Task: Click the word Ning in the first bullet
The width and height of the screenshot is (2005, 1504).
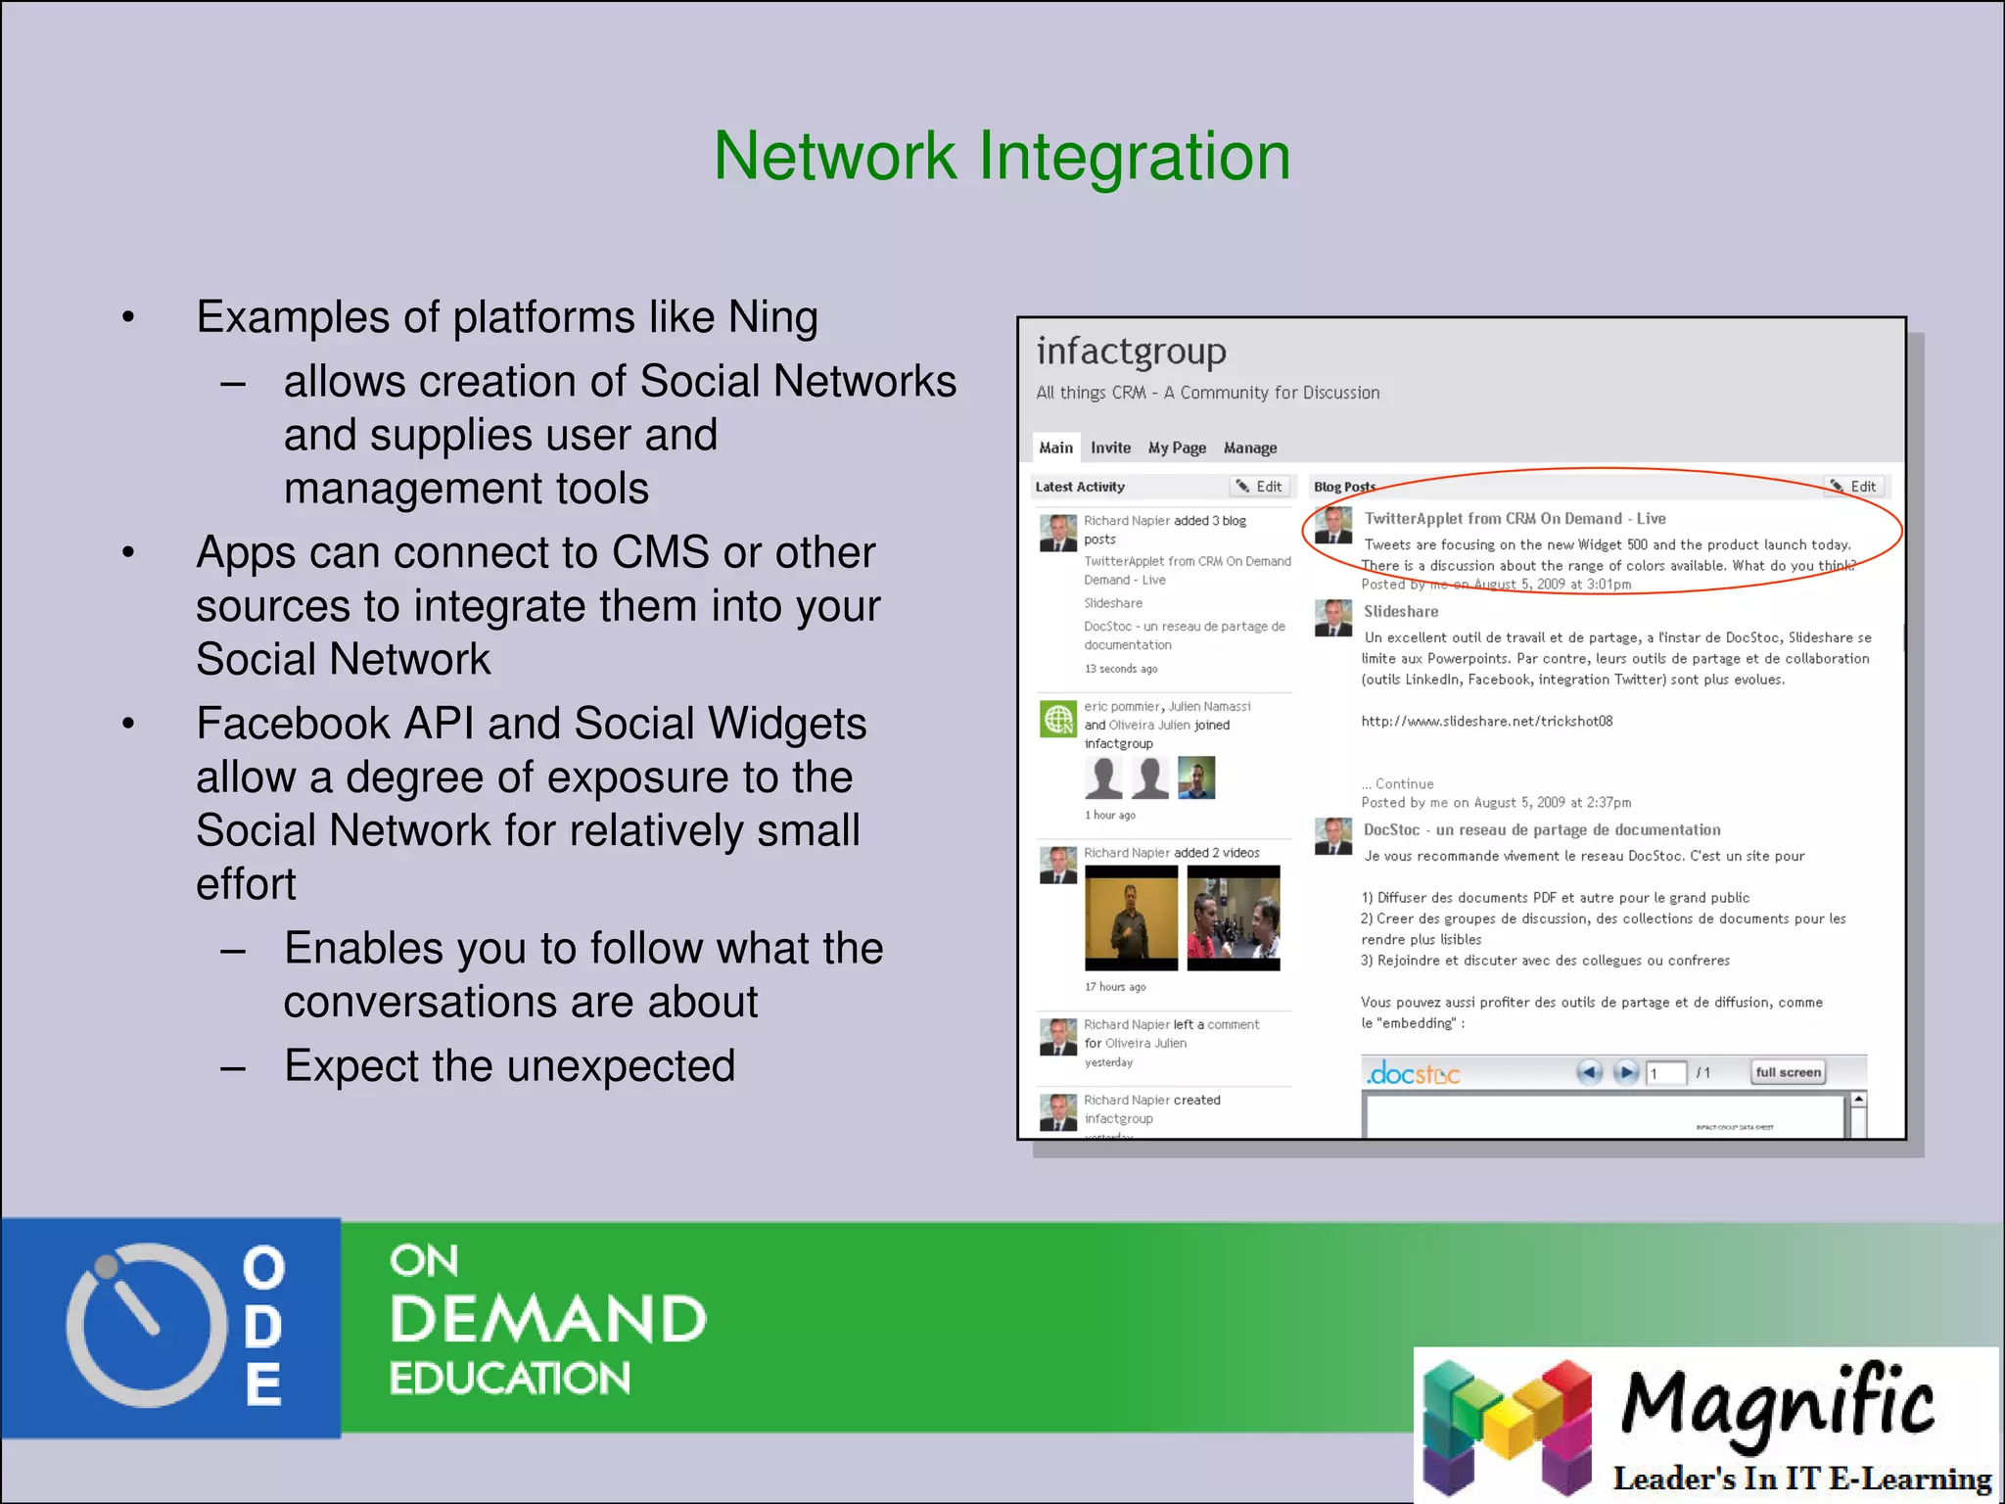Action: click(772, 317)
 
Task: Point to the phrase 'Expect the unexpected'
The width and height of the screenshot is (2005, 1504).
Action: click(509, 1065)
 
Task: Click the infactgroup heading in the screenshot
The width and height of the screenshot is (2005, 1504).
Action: click(1131, 351)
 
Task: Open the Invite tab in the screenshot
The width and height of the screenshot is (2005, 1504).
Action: click(1110, 447)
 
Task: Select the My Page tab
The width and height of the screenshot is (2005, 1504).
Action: click(1177, 447)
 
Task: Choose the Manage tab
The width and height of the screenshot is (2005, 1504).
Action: click(1250, 447)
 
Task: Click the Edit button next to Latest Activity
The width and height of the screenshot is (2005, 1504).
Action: click(1260, 487)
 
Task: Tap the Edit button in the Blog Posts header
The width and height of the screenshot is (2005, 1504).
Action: click(1854, 487)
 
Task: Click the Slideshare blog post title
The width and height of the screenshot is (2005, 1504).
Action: click(1401, 611)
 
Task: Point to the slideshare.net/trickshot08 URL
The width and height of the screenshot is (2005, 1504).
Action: click(1486, 721)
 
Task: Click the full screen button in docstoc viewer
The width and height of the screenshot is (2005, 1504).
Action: click(1788, 1072)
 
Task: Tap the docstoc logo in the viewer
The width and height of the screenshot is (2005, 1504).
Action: click(1413, 1074)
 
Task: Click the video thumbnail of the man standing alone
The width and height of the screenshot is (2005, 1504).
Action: click(1131, 917)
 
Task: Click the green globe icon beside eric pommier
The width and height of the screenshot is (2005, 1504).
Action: click(1057, 720)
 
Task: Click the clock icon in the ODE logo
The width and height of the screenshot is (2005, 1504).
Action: click(145, 1325)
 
